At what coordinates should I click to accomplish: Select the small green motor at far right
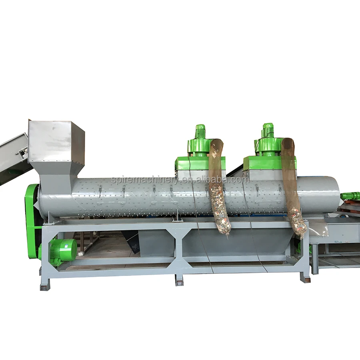pyautogui.click(x=350, y=196)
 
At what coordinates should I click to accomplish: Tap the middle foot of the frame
pyautogui.click(x=179, y=280)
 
